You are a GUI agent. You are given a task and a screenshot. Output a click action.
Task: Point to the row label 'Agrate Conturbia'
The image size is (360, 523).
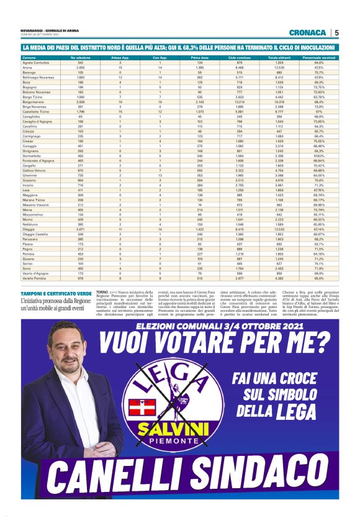tap(37, 63)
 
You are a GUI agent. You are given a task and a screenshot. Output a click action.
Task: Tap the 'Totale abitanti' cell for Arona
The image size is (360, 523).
tap(279, 68)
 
